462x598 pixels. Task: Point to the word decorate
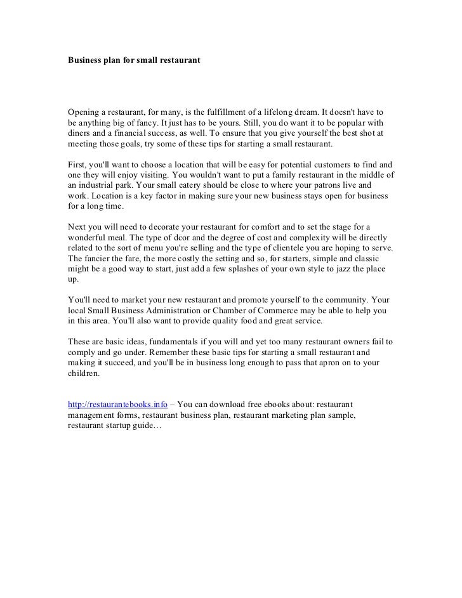pos(165,226)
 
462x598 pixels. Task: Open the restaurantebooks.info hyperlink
pos(117,404)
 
